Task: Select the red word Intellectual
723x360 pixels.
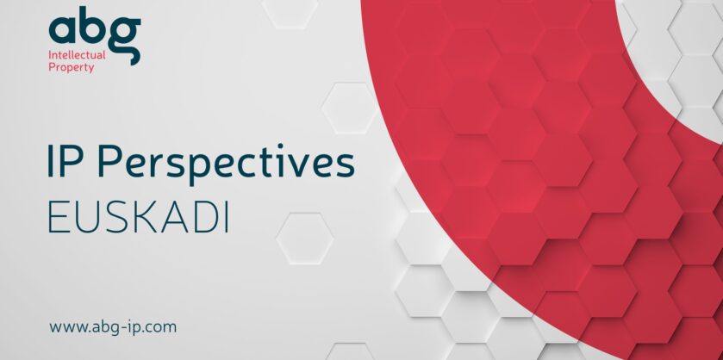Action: pos(77,55)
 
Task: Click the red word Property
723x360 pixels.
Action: pos(72,68)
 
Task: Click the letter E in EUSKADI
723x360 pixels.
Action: pos(58,217)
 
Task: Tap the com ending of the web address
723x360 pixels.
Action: pos(160,328)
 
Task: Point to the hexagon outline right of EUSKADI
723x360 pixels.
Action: pos(305,239)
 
